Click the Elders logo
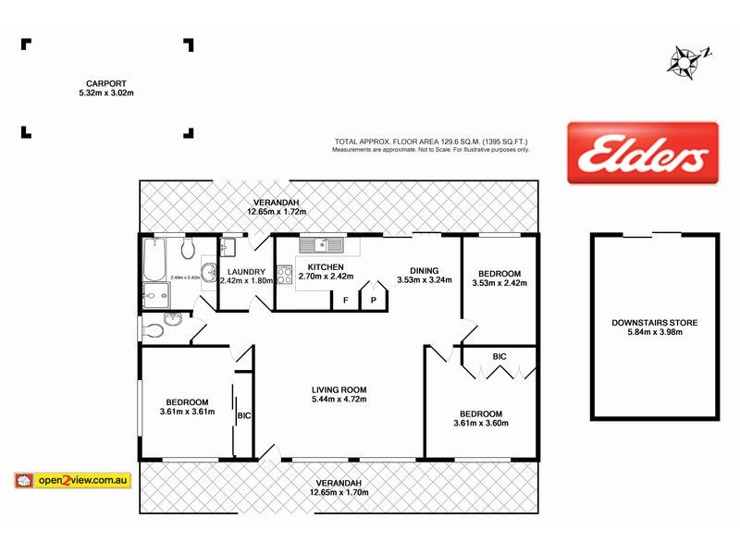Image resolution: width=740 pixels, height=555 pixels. (x=642, y=154)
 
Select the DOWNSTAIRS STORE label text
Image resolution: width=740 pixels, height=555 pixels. (x=655, y=323)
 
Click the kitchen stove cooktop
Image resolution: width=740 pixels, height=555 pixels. (x=285, y=274)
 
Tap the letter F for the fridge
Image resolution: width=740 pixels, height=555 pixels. (x=345, y=300)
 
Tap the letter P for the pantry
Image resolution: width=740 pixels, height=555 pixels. (x=375, y=300)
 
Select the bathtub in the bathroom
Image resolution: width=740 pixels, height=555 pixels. (x=154, y=259)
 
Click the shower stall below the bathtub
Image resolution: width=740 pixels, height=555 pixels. (x=154, y=297)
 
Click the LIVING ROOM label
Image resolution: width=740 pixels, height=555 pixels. (x=339, y=389)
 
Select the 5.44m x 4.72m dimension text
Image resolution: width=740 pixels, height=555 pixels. (x=339, y=400)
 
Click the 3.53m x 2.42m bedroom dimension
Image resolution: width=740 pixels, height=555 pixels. (x=499, y=283)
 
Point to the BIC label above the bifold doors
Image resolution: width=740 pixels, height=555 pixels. (x=499, y=355)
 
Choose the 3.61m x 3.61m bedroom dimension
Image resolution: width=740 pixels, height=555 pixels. (x=187, y=412)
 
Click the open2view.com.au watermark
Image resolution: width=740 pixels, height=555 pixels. (x=74, y=481)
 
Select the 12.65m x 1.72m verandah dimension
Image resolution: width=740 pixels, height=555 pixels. (x=277, y=212)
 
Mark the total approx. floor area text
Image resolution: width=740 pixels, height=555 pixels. (x=431, y=142)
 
